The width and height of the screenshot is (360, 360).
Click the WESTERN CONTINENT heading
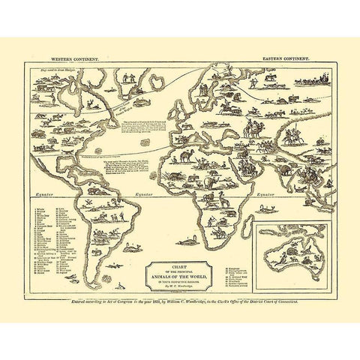click(x=64, y=57)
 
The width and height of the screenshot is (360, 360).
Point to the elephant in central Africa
click(x=213, y=180)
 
